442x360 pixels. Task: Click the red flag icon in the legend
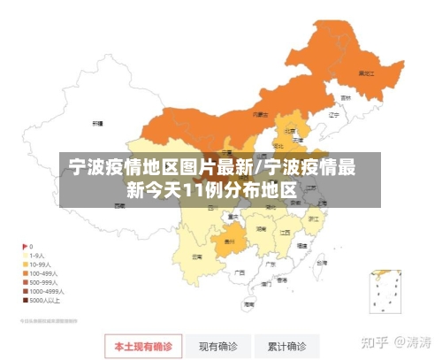pos(24,246)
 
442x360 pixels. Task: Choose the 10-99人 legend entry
pos(36,264)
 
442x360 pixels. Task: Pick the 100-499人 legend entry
pos(38,273)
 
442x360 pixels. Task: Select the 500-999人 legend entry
pos(38,282)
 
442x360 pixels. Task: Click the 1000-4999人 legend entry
pos(40,291)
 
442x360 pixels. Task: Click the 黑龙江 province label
pos(364,73)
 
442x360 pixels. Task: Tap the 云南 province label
pos(197,256)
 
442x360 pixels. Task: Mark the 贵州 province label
pos(228,240)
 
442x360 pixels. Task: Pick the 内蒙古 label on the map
pos(260,114)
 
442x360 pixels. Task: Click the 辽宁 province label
pos(333,114)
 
